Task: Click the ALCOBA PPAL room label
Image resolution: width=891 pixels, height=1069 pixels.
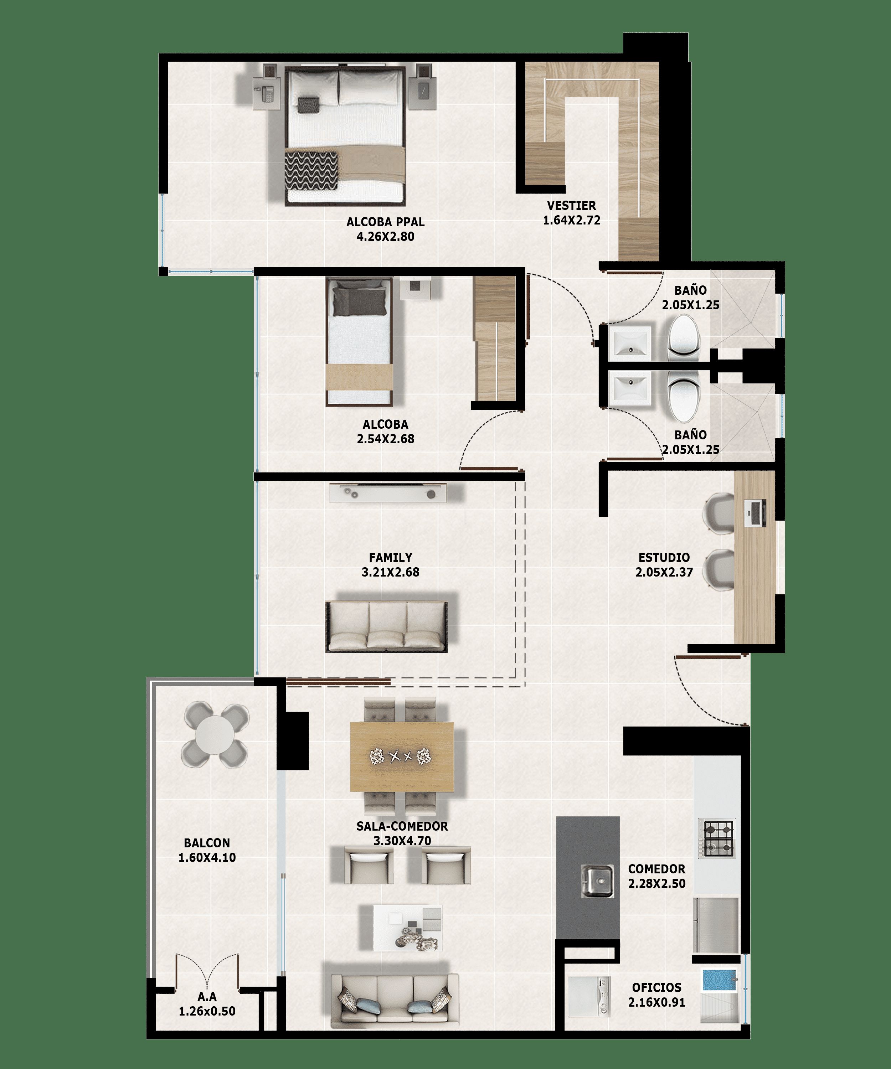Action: click(x=385, y=222)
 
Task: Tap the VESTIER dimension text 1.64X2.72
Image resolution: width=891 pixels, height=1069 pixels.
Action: click(x=571, y=221)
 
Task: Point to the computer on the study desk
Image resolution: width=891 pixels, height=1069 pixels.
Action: click(x=754, y=513)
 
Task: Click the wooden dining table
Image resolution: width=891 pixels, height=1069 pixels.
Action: click(x=402, y=756)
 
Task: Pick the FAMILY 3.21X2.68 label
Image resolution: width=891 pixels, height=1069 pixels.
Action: click(x=391, y=564)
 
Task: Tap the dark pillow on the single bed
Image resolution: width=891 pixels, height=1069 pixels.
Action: click(x=360, y=301)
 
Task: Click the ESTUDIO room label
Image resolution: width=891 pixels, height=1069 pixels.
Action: click(x=664, y=557)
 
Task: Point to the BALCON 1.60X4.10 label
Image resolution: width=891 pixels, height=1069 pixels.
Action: click(x=207, y=850)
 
